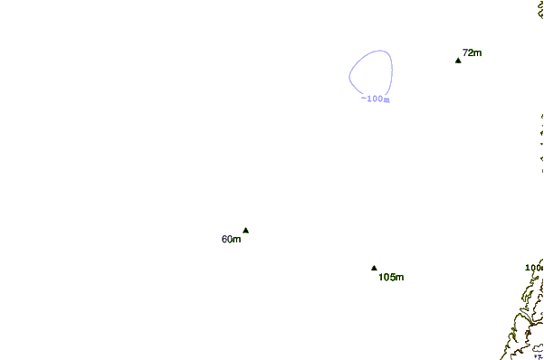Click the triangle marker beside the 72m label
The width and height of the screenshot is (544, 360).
tap(458, 60)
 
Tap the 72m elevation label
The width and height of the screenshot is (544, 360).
tap(472, 53)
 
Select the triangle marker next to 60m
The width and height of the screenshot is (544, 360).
tap(245, 230)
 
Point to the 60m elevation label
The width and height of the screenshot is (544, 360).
tap(231, 240)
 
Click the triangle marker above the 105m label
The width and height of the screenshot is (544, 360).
tap(374, 268)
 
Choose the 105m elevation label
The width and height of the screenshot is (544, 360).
tap(391, 277)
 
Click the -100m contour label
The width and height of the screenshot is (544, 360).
tap(375, 99)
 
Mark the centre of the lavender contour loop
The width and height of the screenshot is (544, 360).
tap(371, 71)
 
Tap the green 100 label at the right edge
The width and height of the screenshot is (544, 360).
tap(534, 268)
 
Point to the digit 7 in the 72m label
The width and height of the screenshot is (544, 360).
tap(465, 53)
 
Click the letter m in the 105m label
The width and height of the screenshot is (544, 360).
tap(399, 277)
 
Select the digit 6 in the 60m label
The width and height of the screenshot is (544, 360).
tap(224, 240)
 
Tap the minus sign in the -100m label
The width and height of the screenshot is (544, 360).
tap(363, 99)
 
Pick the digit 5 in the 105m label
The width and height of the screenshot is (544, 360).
tap(392, 277)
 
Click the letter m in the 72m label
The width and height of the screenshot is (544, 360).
tap(477, 53)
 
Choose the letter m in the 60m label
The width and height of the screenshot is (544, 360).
tap(237, 240)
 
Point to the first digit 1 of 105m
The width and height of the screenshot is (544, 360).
tap(381, 277)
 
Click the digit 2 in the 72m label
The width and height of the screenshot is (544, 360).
tap(470, 53)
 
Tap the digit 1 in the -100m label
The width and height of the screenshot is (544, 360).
tap(368, 99)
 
